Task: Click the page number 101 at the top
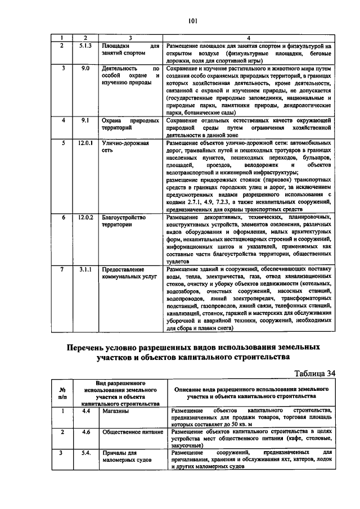click(x=192, y=21)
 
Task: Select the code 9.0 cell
click(x=85, y=67)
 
